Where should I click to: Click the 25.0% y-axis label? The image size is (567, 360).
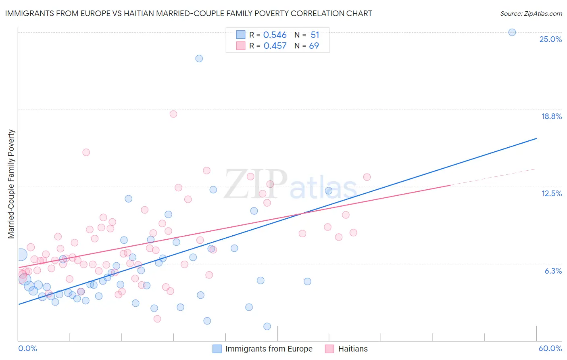[550, 39]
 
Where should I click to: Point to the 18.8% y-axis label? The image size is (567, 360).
[551, 116]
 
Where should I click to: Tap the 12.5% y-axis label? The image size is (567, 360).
[551, 193]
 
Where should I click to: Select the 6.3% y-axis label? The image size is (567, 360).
[553, 271]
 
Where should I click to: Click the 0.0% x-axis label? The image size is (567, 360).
[27, 348]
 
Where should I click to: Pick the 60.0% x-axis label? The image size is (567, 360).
[550, 348]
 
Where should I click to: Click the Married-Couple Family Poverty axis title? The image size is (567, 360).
[11, 184]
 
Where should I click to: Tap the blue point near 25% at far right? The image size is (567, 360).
[512, 32]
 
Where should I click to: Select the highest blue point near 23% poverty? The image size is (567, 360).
[199, 59]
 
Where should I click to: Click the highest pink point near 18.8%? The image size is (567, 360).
[173, 114]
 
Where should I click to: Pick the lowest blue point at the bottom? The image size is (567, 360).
[267, 326]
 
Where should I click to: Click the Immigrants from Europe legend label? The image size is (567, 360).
[269, 349]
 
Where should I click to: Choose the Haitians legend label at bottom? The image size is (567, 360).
[353, 349]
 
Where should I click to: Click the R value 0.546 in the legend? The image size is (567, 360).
[275, 35]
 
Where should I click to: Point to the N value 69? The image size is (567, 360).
[314, 46]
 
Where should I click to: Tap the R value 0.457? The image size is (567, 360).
[275, 46]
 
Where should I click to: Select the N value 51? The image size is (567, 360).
[315, 35]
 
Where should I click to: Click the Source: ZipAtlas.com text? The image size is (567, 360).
[531, 13]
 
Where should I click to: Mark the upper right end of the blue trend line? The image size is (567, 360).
[536, 138]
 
